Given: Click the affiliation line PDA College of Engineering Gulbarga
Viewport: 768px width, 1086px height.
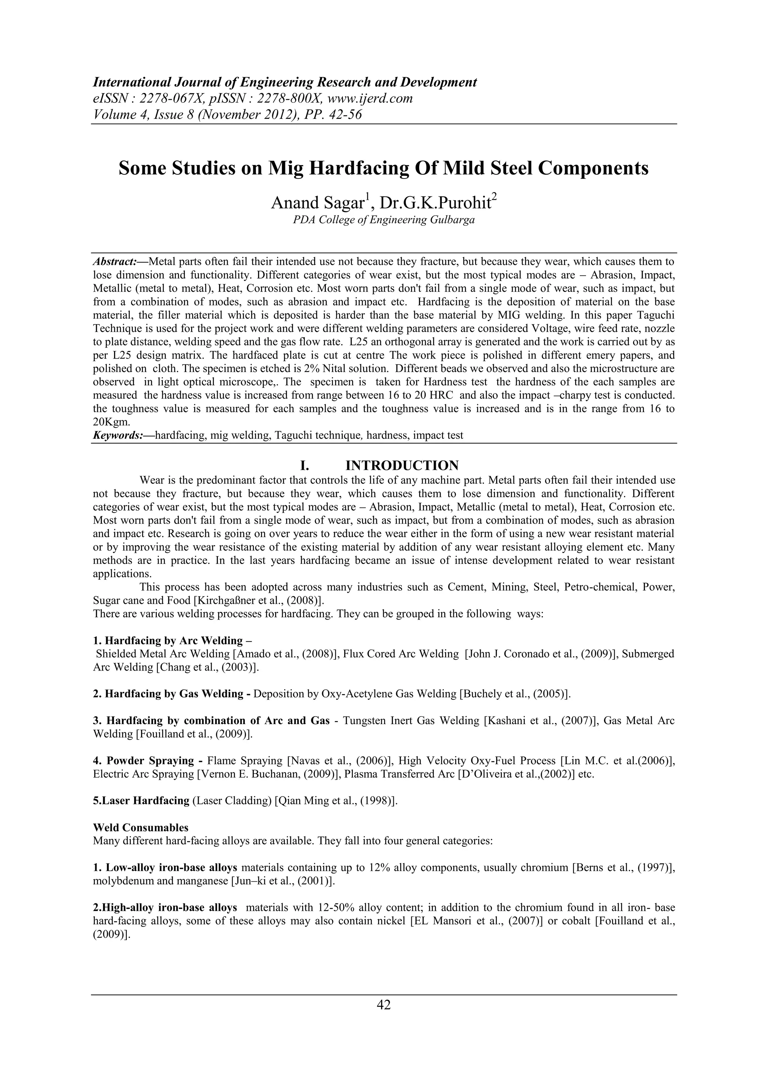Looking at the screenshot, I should click(x=384, y=220).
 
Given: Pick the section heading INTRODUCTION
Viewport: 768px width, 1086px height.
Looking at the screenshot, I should click(x=402, y=465).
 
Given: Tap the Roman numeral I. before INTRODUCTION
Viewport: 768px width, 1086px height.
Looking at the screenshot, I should click(x=304, y=465).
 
